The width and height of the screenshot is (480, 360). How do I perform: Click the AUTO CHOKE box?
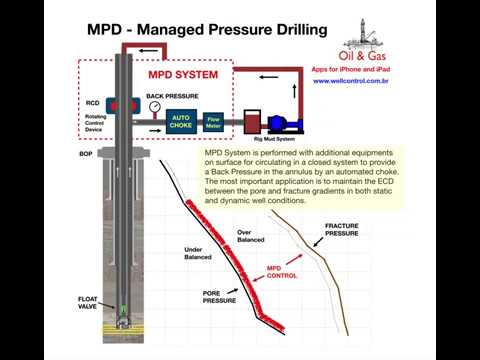[181, 122]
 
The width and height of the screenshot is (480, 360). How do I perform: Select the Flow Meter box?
[213, 123]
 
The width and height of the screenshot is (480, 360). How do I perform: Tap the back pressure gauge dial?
[154, 107]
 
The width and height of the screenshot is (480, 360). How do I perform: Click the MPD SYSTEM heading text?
[182, 74]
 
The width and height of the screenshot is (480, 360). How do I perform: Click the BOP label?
[86, 155]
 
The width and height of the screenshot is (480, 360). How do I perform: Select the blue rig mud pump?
[284, 123]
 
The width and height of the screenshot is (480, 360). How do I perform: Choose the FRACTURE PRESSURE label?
[341, 230]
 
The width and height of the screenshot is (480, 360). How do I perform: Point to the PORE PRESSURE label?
[219, 296]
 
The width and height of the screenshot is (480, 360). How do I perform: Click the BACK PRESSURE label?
[167, 96]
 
